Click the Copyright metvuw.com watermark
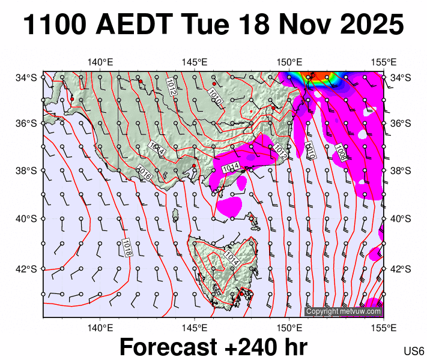pos(344,311)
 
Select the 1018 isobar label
pos(127,248)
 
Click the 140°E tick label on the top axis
pos(100,62)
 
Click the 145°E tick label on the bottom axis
pos(195,328)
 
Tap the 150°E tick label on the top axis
pos(289,62)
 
